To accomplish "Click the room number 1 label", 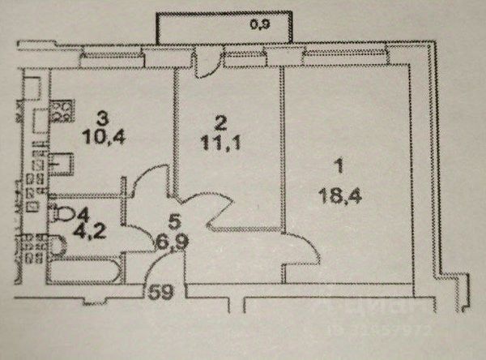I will click(339, 166).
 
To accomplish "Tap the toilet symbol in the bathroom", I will click(63, 214).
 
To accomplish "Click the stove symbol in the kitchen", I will click(61, 109).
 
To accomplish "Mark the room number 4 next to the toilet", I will click(82, 215).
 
